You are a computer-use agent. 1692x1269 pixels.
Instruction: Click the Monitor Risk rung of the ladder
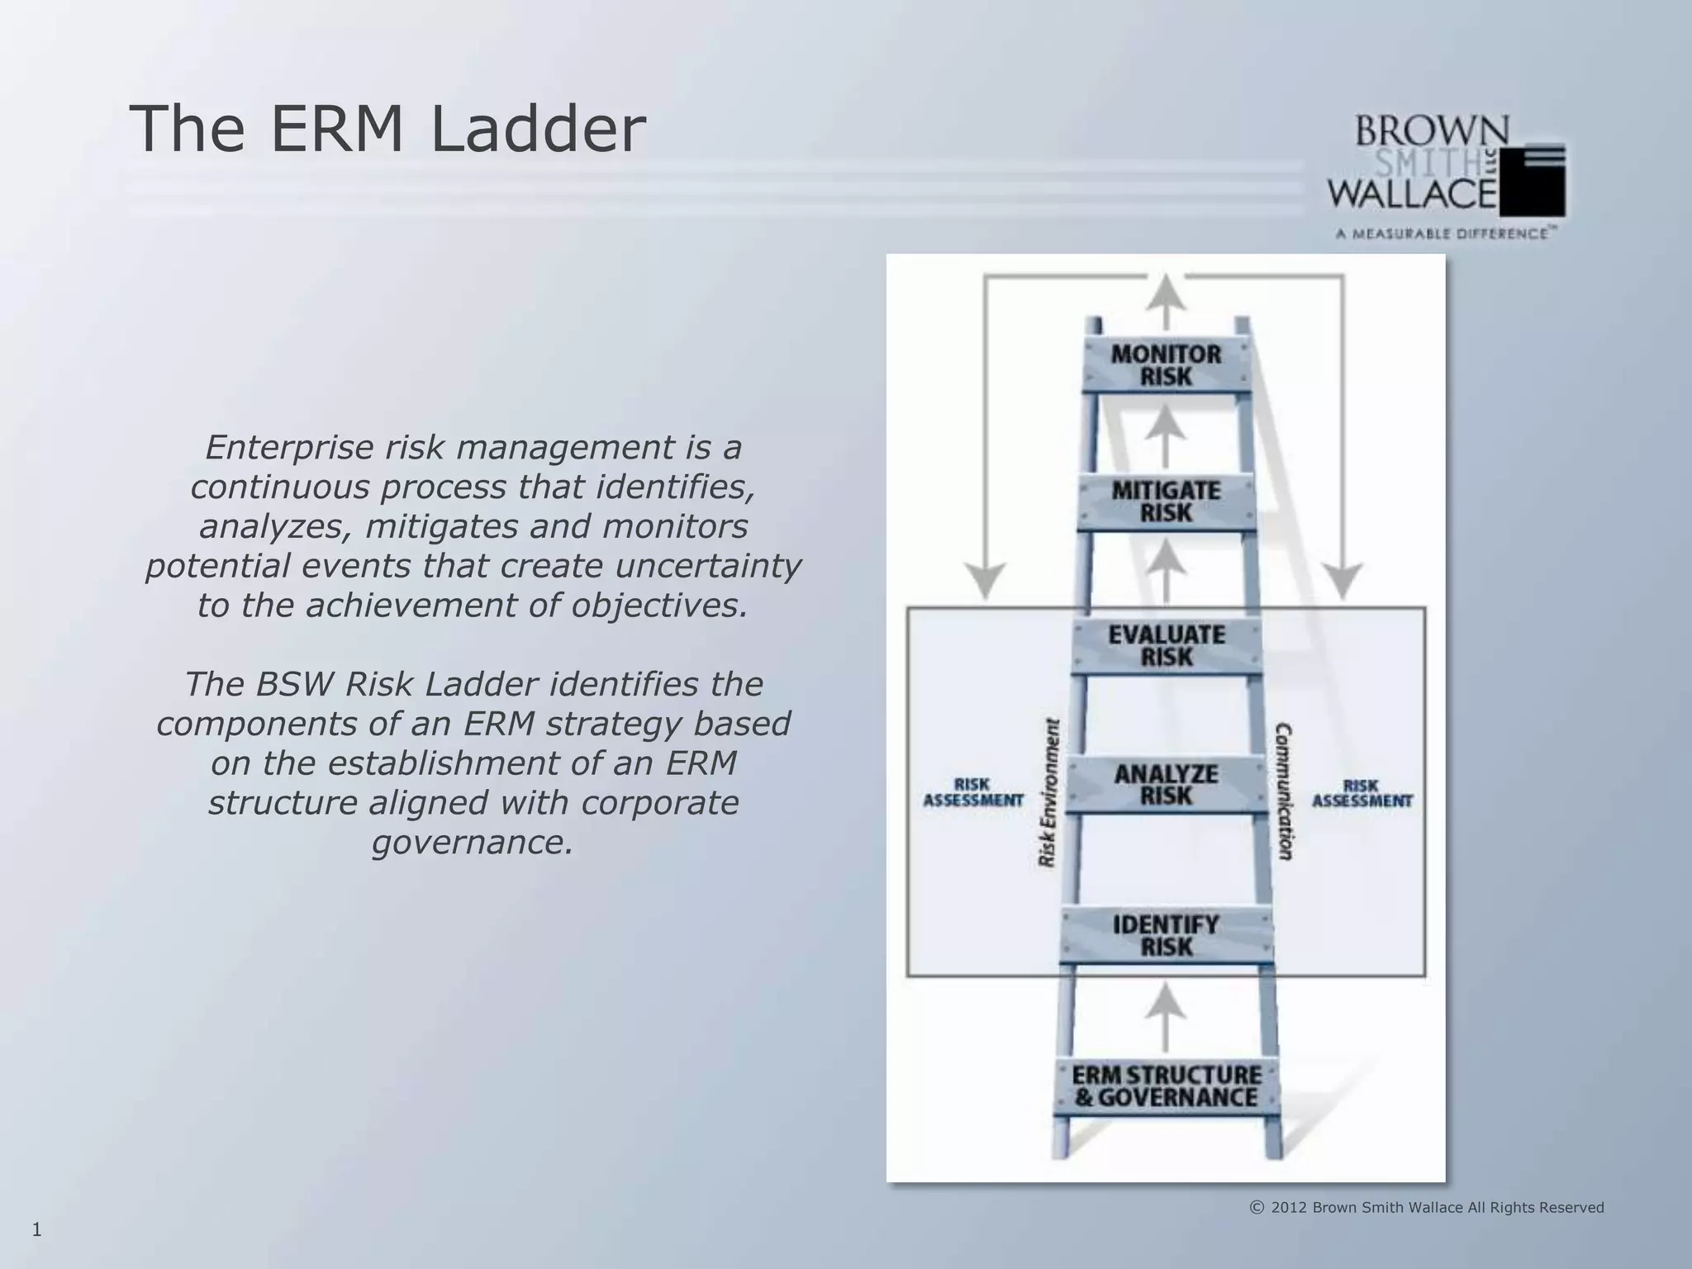point(1166,365)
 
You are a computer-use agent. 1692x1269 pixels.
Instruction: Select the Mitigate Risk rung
point(1166,501)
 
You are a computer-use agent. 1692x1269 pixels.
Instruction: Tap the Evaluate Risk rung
point(1167,646)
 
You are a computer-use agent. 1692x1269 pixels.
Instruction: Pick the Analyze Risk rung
point(1166,785)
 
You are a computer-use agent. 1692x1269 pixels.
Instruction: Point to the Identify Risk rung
point(1166,935)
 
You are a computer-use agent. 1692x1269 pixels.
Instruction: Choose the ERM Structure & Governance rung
point(1167,1086)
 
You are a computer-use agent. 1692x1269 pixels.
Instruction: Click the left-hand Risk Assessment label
point(972,792)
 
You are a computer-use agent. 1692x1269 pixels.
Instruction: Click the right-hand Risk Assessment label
point(1362,793)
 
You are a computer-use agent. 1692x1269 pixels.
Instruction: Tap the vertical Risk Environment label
point(1048,793)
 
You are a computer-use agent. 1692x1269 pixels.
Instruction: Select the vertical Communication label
point(1284,791)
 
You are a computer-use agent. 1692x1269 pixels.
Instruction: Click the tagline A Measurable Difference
point(1442,234)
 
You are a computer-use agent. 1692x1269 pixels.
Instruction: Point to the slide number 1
point(36,1230)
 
